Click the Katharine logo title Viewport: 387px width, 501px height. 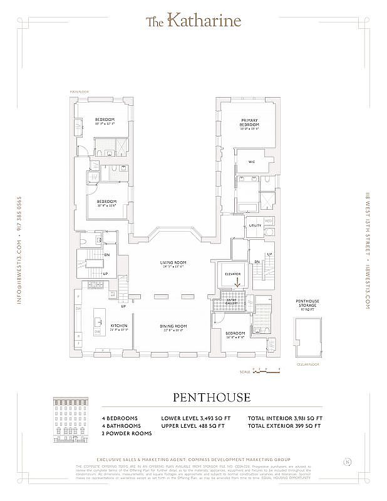[194, 21]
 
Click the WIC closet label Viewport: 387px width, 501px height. [252, 162]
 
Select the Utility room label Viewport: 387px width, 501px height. [255, 225]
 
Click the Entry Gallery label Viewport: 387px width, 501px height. [232, 302]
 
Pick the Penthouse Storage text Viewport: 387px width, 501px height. [307, 304]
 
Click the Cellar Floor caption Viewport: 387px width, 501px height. [307, 364]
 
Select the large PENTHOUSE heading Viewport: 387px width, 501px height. [211, 398]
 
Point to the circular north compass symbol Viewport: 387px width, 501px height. [347, 463]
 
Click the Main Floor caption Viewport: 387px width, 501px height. [80, 92]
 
